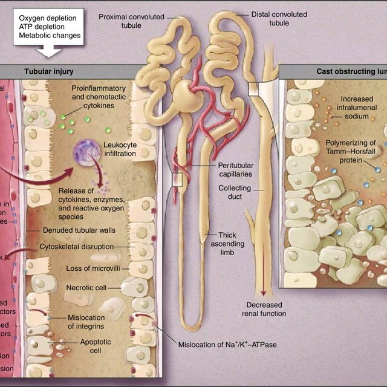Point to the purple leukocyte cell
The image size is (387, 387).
pos(87,154)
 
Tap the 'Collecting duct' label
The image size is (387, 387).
pos(235,192)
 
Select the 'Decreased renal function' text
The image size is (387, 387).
pos(264,308)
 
